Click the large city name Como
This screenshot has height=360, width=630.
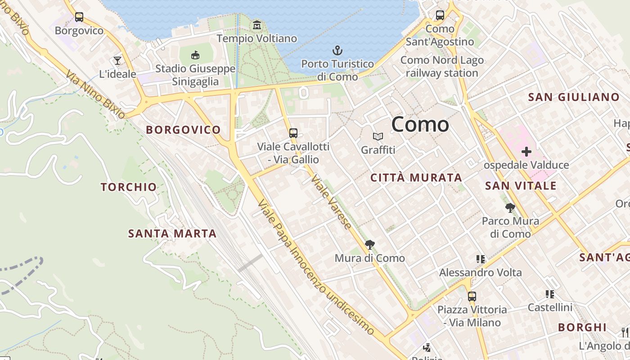pos(420,124)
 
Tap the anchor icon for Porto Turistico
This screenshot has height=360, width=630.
pos(337,50)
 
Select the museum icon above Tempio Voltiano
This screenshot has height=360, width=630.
pos(257,25)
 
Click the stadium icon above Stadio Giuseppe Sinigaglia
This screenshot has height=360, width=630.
pos(195,55)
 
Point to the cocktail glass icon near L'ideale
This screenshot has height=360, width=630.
pos(117,60)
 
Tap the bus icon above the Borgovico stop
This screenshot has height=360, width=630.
pos(79,17)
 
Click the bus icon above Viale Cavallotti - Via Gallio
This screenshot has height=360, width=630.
pos(293,133)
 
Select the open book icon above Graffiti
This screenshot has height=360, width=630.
pos(378,136)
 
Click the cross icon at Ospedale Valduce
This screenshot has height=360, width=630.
pos(526,152)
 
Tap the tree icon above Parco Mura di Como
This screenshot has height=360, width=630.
pos(510,207)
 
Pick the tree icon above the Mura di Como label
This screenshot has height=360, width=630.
pos(369,245)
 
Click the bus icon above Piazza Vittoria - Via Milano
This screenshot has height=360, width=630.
pos(472,297)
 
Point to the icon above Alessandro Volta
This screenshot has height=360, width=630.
pos(481,259)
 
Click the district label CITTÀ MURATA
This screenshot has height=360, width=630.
pos(416,178)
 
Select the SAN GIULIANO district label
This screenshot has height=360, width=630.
pos(574,97)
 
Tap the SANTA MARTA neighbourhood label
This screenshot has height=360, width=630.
pos(172,234)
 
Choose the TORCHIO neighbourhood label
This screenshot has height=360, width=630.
pos(129,187)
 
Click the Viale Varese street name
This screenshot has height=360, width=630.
pos(331,202)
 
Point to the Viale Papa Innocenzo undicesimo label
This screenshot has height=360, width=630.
pos(315,267)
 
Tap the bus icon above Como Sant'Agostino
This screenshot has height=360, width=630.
pos(440,15)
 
